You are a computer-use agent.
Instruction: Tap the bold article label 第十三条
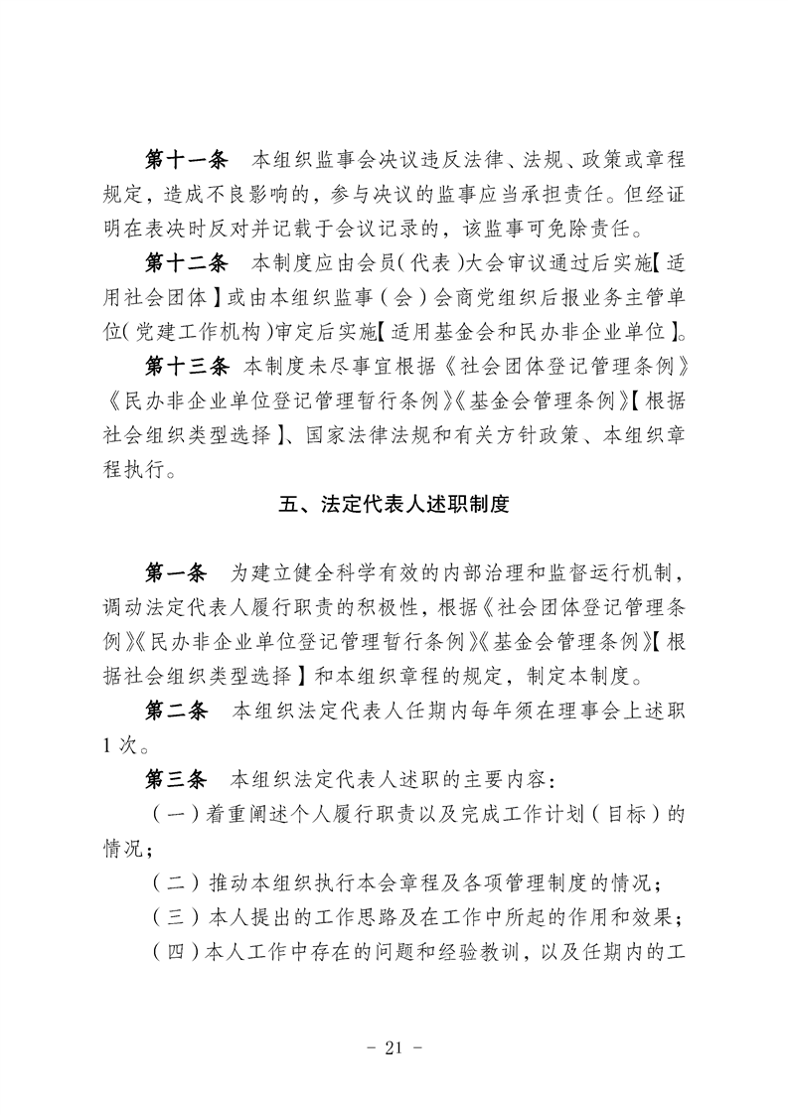pos(187,367)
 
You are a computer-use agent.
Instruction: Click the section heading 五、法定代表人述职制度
pos(394,504)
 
